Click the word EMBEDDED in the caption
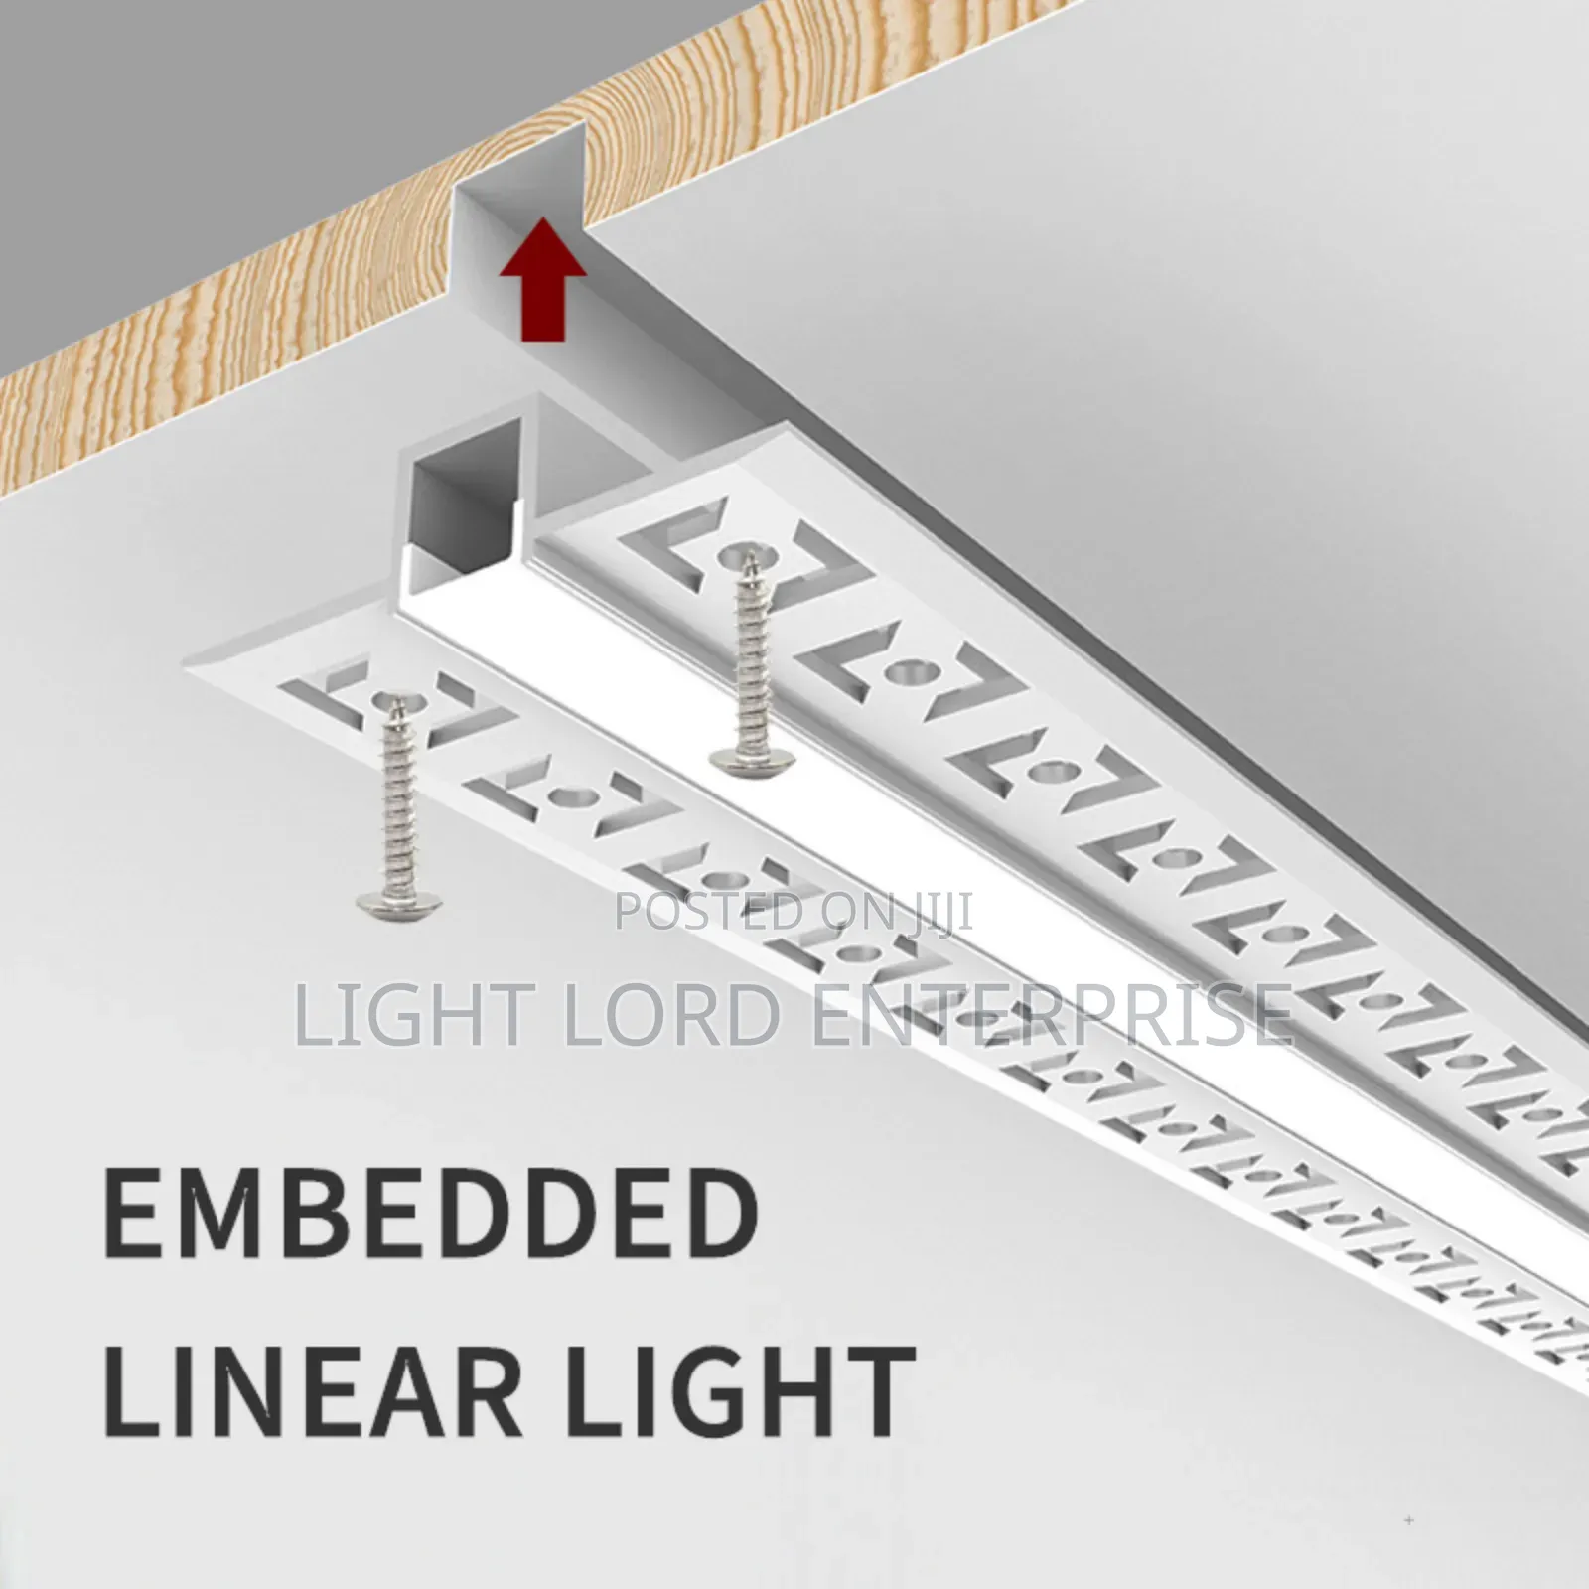[432, 1213]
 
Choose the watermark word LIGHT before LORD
[420, 1012]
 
